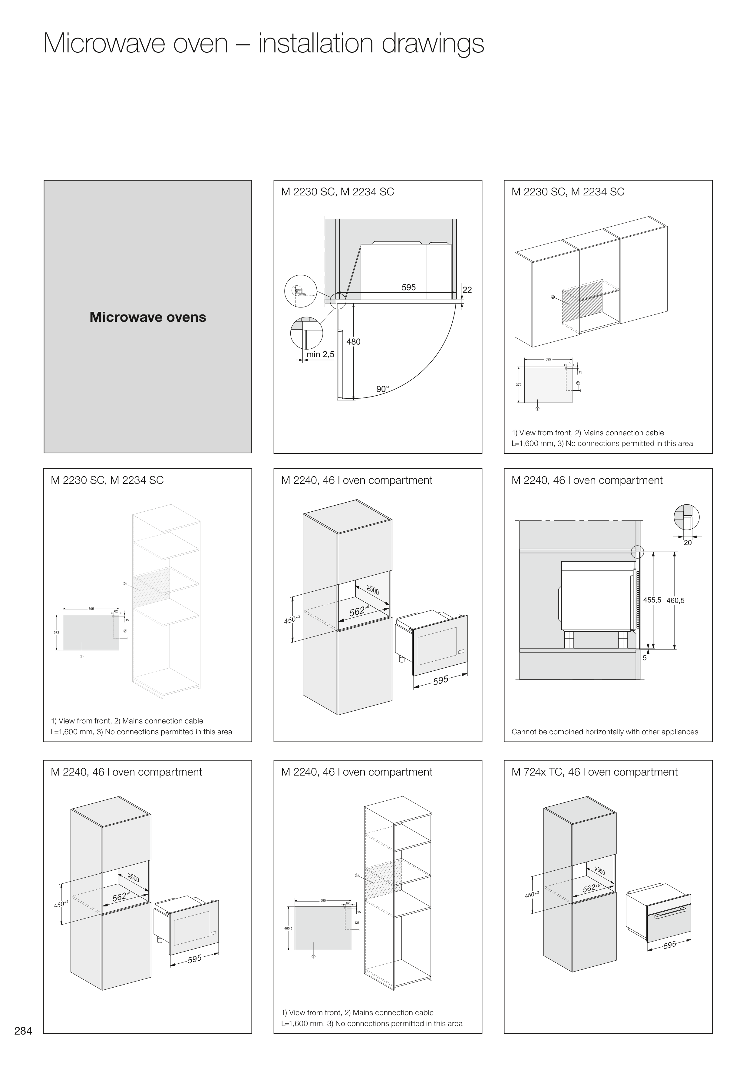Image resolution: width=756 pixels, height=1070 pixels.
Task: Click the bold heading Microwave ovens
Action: coord(148,317)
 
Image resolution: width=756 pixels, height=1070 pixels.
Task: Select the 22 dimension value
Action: coord(467,290)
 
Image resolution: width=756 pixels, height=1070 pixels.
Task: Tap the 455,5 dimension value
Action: coord(652,600)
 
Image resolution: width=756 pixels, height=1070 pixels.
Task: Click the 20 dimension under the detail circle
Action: coord(688,543)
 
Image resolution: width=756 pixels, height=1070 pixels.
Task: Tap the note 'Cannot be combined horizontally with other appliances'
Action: coord(605,732)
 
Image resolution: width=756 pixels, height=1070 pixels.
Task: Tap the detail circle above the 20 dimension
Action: coord(687,517)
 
